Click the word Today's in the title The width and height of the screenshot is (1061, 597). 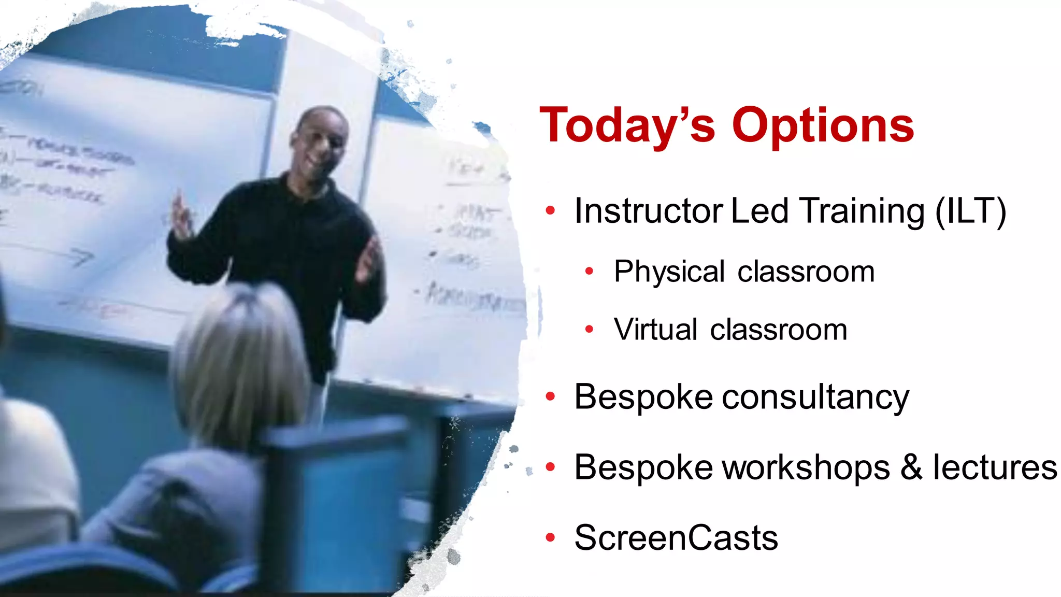pyautogui.click(x=627, y=125)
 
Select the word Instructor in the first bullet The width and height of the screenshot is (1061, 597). pyautogui.click(x=649, y=211)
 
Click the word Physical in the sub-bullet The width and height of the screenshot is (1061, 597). pyautogui.click(x=669, y=272)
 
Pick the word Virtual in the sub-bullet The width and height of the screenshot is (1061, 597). pyautogui.click(x=655, y=330)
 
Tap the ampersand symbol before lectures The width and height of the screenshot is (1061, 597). pyautogui.click(x=911, y=467)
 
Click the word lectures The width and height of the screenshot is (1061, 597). pyautogui.click(x=995, y=467)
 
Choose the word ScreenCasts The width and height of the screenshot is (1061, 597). pyautogui.click(x=676, y=538)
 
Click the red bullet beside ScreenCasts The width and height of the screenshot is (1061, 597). pyautogui.click(x=550, y=538)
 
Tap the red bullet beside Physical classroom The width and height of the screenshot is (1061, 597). pyautogui.click(x=589, y=271)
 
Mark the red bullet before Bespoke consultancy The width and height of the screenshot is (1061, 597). pyautogui.click(x=550, y=397)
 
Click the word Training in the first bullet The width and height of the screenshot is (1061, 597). pyautogui.click(x=862, y=211)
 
